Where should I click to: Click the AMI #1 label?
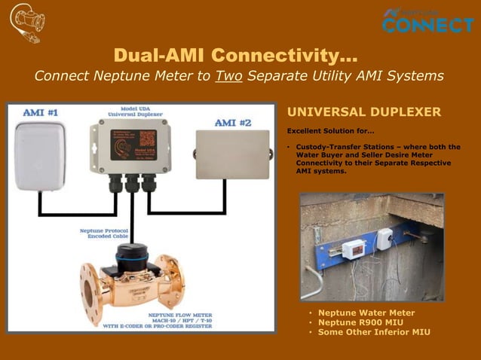(x=41, y=112)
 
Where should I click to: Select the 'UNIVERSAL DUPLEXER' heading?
(x=363, y=112)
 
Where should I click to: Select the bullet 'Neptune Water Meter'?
(x=366, y=313)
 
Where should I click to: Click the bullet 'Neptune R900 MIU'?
(x=360, y=322)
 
